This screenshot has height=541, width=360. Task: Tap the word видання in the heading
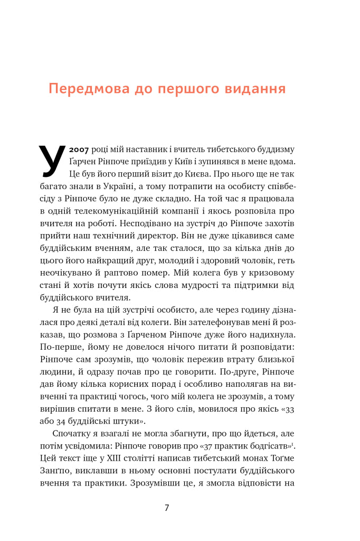(251, 88)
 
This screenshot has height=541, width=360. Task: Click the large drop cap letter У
(52, 158)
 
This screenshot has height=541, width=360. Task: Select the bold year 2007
(79, 149)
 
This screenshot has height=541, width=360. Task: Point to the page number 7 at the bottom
(167, 508)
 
